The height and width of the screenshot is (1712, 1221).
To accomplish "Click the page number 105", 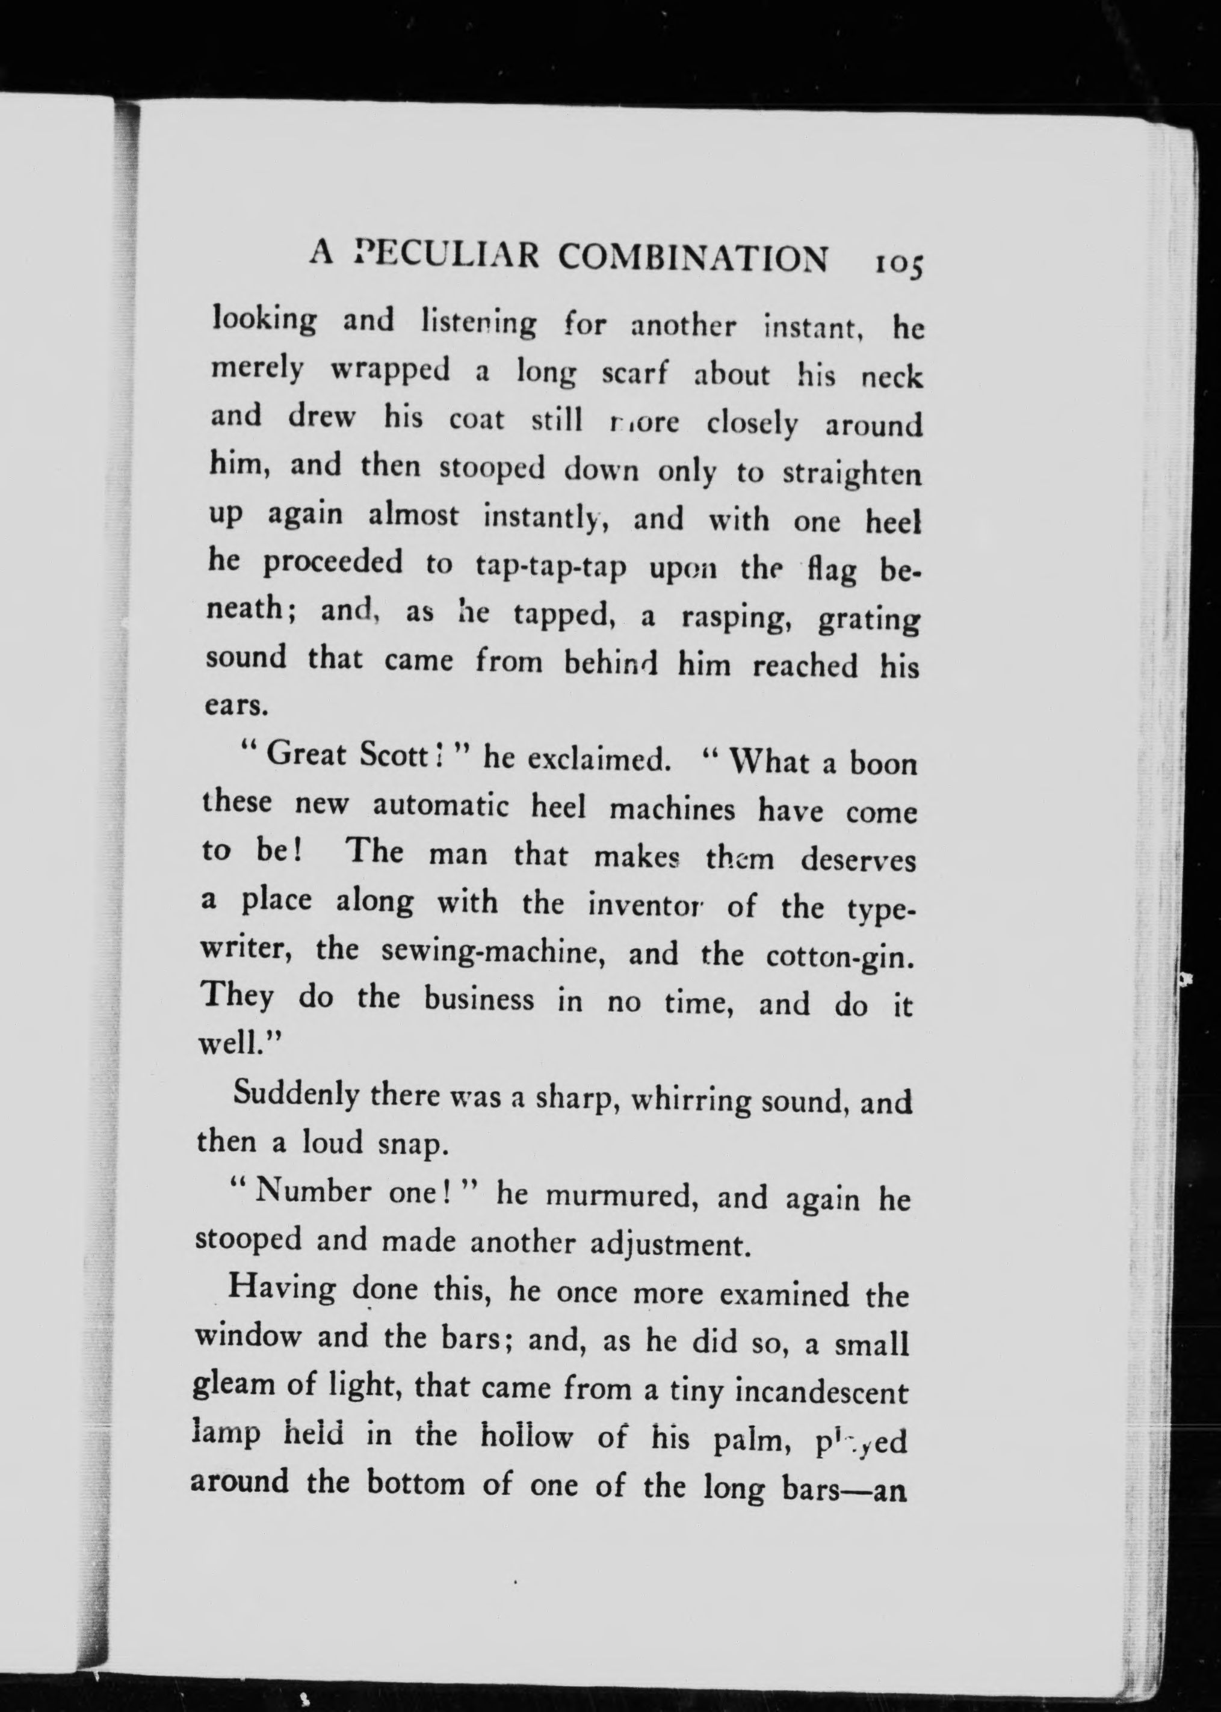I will click(898, 264).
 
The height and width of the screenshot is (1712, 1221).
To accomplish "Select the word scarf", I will click(634, 374).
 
